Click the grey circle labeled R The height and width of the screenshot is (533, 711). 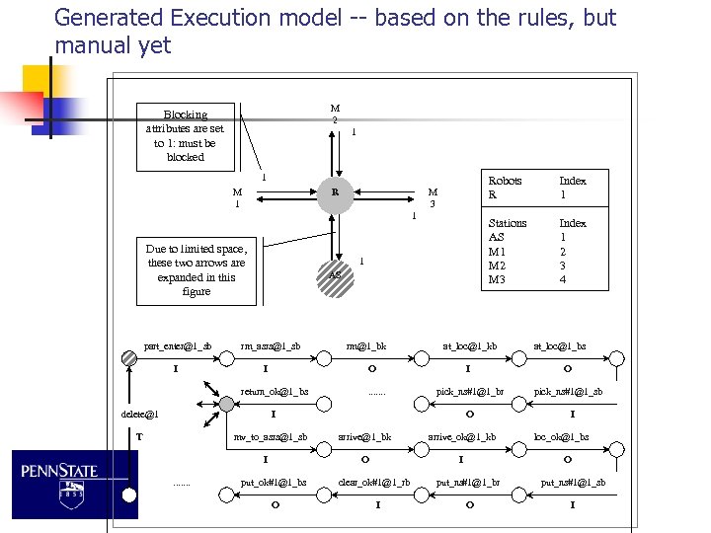coord(336,192)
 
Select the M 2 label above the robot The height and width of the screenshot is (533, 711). coord(335,114)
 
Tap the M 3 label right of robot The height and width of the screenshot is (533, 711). coord(433,197)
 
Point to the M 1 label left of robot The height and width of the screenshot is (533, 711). coord(237,197)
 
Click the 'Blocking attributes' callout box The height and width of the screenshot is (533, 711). coord(186,135)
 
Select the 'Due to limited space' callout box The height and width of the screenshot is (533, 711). coord(197,270)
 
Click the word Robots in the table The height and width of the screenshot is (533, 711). coord(505,182)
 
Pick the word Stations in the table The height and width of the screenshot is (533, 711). coord(508,223)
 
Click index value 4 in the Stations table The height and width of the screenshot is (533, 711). coord(564,279)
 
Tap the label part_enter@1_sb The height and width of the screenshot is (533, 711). coord(178,345)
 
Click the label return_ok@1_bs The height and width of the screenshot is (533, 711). coord(275,392)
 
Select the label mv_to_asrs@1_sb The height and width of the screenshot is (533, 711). coord(270,436)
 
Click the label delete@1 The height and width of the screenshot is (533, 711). coord(139,414)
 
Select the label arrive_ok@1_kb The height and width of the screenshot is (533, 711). coord(462,436)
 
